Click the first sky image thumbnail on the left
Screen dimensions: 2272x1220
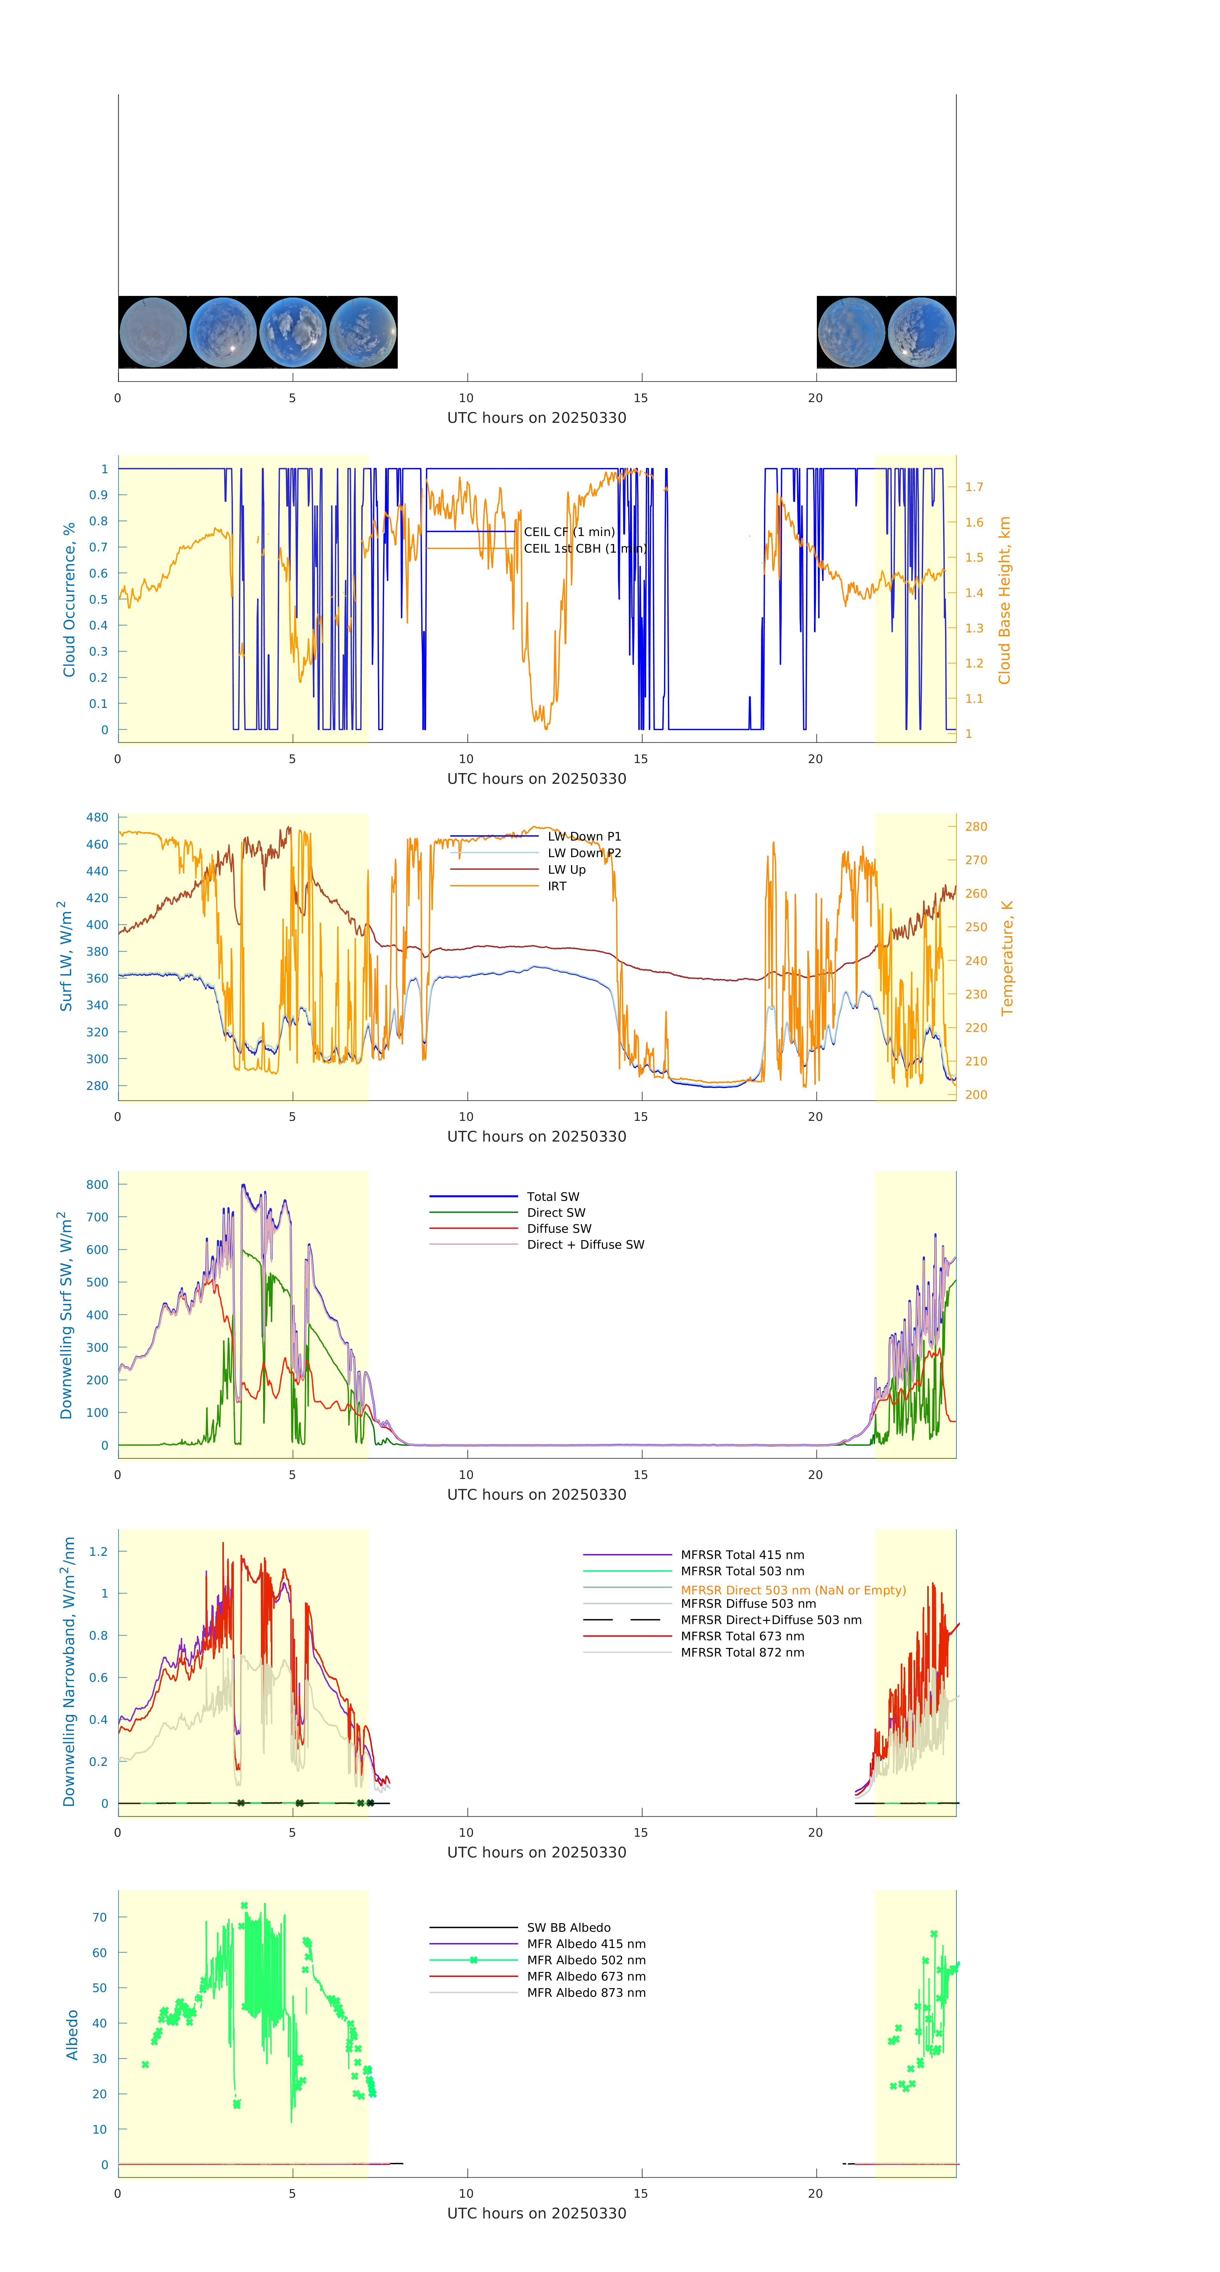pyautogui.click(x=152, y=333)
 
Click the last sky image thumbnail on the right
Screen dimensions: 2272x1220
pyautogui.click(x=921, y=333)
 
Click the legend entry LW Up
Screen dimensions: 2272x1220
pyautogui.click(x=566, y=870)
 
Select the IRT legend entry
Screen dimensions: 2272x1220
pyautogui.click(x=557, y=886)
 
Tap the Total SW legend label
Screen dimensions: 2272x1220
pyautogui.click(x=553, y=1197)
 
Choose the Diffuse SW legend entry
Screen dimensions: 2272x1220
pyautogui.click(x=559, y=1229)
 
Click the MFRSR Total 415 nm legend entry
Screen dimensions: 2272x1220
pyautogui.click(x=742, y=1555)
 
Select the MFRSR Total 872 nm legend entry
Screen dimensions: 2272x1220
pyautogui.click(x=742, y=1653)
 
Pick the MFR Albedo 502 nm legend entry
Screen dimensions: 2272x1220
pyautogui.click(x=586, y=1960)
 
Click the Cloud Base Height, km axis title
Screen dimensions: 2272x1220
pyautogui.click(x=1004, y=600)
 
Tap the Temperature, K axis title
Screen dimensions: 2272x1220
pyautogui.click(x=1007, y=958)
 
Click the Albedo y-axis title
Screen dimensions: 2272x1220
pyautogui.click(x=72, y=2035)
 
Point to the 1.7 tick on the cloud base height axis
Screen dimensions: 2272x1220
pyautogui.click(x=974, y=487)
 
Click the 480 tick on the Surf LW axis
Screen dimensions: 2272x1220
pyautogui.click(x=97, y=818)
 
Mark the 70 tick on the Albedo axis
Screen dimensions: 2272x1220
pyautogui.click(x=100, y=1917)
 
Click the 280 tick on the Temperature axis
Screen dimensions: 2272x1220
pyautogui.click(x=976, y=827)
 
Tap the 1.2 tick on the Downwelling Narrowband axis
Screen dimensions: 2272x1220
pyautogui.click(x=98, y=1551)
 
